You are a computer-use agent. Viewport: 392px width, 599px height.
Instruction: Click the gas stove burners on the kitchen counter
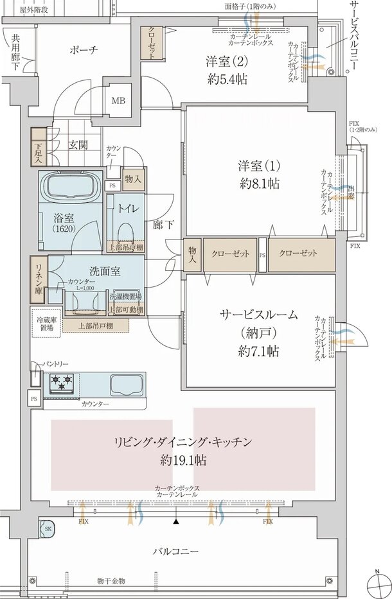pos(62,383)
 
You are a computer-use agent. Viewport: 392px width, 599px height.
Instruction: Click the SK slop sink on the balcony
pos(48,528)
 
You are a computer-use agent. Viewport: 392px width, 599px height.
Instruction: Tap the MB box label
pos(119,101)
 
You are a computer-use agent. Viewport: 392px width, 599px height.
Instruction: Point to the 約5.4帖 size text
pos(227,80)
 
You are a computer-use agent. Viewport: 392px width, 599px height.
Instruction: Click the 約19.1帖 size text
pos(183,460)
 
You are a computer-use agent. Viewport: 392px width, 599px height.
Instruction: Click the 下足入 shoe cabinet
pos(39,150)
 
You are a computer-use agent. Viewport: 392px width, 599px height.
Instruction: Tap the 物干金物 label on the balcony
pos(111,580)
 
